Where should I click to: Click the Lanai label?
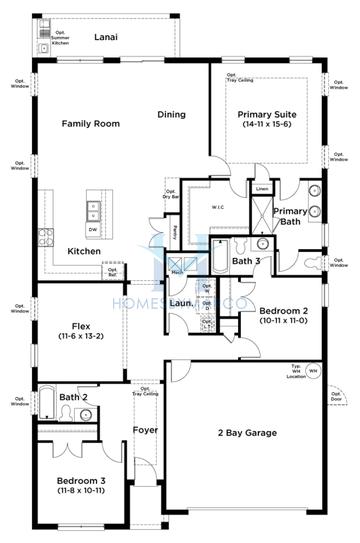click(x=106, y=37)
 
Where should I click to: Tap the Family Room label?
click(x=90, y=124)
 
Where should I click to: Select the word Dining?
click(x=171, y=114)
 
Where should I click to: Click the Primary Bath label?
click(x=291, y=216)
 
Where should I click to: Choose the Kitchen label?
click(x=83, y=251)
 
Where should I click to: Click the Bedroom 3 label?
click(x=80, y=483)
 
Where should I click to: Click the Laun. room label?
click(x=181, y=302)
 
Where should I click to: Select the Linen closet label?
click(x=262, y=189)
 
